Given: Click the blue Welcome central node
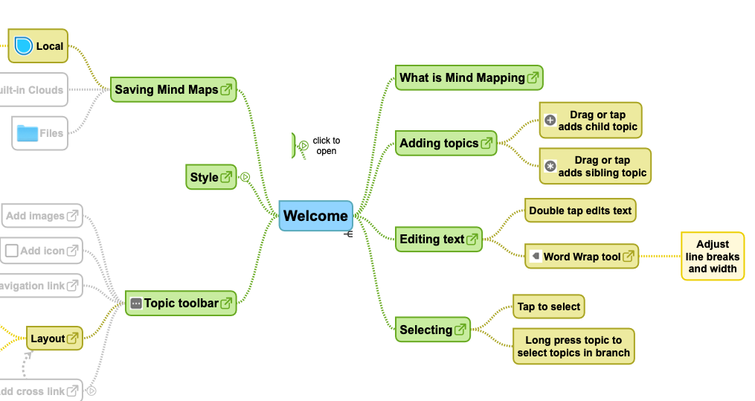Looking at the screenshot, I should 315,216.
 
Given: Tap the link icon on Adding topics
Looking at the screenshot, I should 487,143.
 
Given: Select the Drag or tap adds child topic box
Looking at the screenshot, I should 591,121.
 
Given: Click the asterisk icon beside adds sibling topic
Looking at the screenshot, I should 550,167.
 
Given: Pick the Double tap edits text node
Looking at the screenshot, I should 580,211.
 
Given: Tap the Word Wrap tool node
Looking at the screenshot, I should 581,257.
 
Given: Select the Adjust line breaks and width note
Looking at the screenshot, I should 712,256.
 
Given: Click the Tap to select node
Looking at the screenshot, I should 549,307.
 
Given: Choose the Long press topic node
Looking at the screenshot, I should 573,346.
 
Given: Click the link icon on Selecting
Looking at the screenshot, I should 460,329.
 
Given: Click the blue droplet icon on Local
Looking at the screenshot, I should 25,46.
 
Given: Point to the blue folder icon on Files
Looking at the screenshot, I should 28,133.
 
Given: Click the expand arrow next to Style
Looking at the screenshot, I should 245,177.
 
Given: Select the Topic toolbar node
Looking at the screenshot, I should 181,303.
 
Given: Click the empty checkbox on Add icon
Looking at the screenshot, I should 11,251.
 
